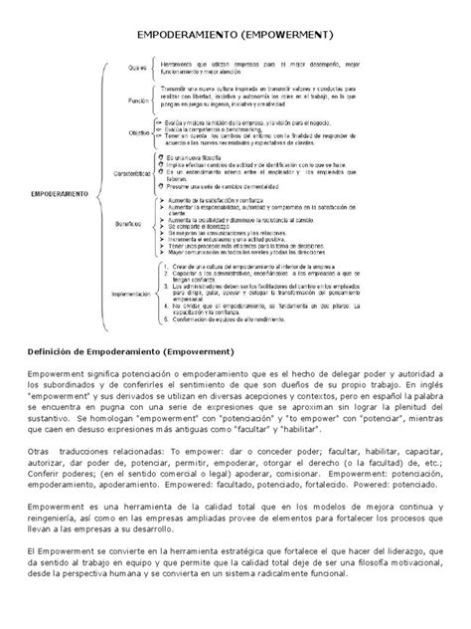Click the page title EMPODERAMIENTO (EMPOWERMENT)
click(235, 36)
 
